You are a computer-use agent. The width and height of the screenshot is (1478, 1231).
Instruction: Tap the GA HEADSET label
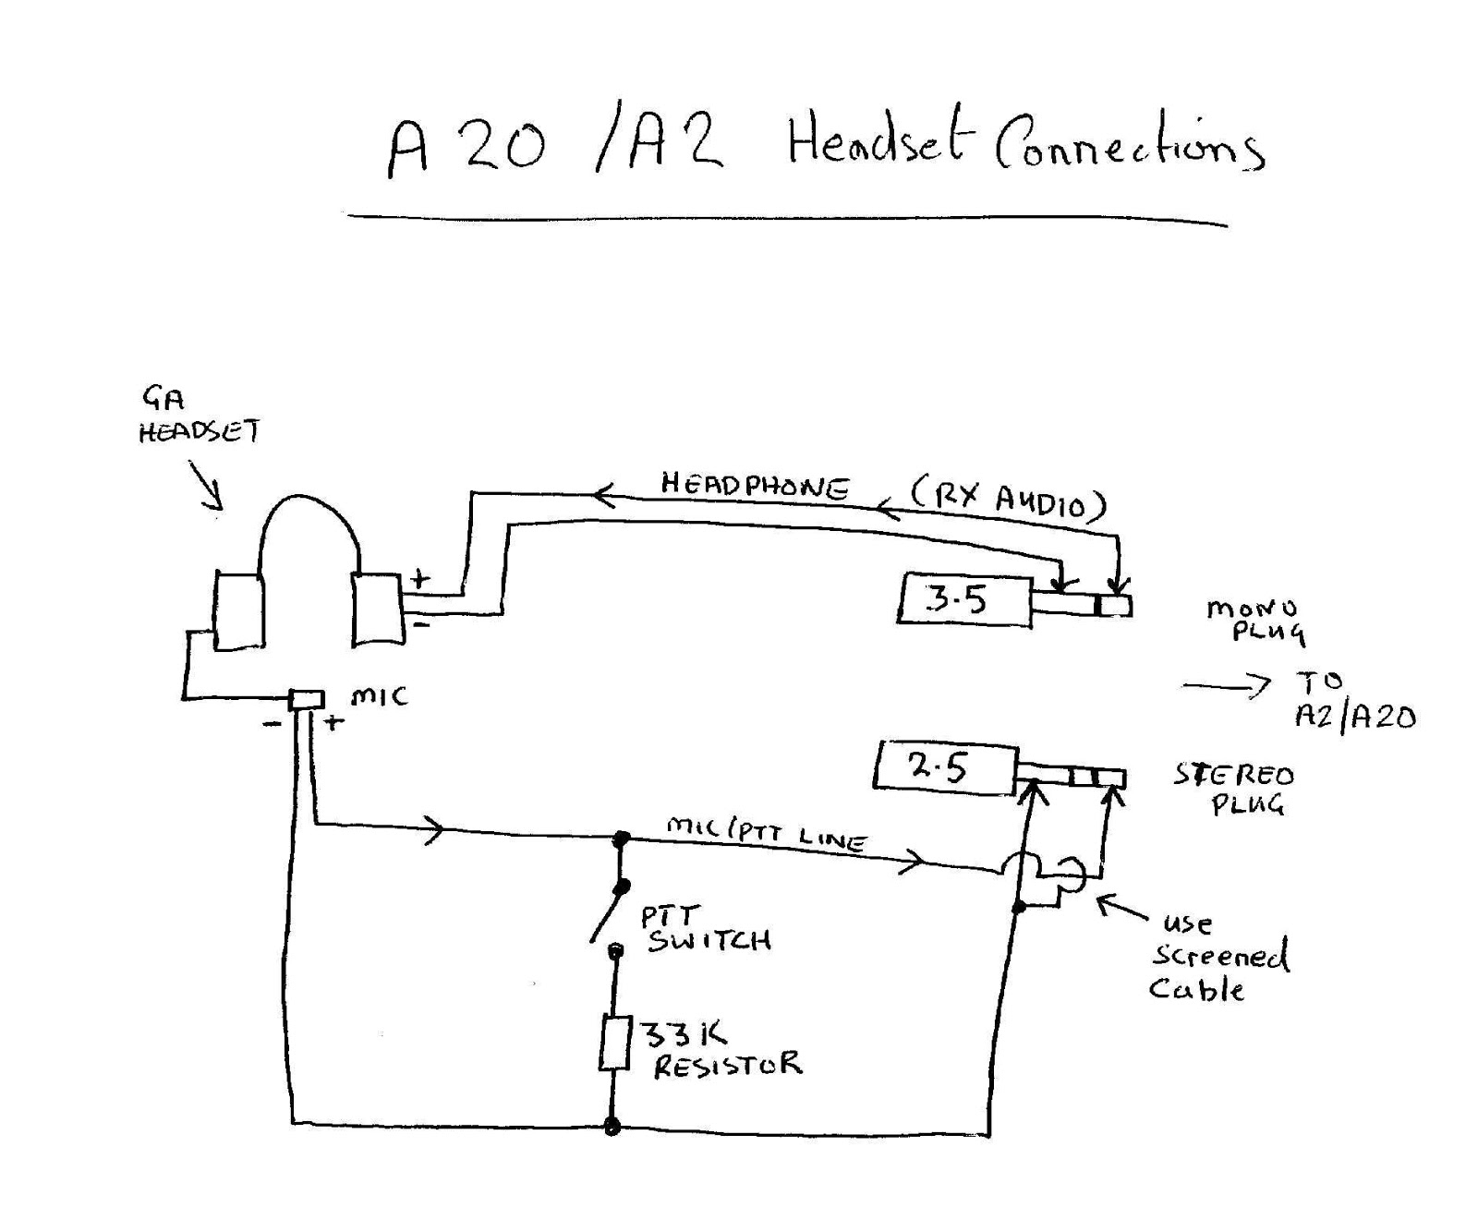[x=198, y=416]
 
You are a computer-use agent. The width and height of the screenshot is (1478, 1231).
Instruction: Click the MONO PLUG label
[x=1254, y=621]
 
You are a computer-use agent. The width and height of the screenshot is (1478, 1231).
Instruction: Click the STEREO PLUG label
[x=1234, y=788]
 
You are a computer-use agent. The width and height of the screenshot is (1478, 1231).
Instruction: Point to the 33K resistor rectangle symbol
[x=614, y=1044]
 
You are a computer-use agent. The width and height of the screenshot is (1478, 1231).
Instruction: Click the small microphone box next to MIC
[x=307, y=699]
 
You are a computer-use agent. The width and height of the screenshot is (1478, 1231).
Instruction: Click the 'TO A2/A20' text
[x=1353, y=700]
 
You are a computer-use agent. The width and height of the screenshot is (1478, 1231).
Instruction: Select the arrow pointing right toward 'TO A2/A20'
[x=1227, y=685]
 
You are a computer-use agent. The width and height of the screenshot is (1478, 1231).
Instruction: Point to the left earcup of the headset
[x=238, y=610]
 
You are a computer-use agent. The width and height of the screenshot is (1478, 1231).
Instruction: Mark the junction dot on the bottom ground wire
[x=612, y=1127]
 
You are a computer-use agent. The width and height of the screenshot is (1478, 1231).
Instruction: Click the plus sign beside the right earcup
[x=420, y=580]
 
